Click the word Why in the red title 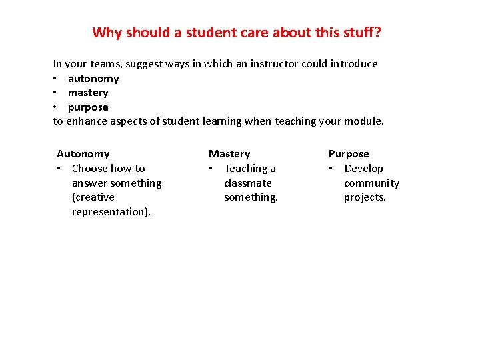tap(105, 32)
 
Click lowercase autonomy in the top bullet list tap(93, 79)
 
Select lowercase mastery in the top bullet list tap(88, 93)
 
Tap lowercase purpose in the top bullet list tap(88, 107)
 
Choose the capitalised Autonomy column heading tap(83, 154)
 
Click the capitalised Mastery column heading tap(229, 154)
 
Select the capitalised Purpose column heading tap(348, 154)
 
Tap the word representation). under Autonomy tap(111, 212)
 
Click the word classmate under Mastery tap(248, 183)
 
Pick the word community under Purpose tap(371, 183)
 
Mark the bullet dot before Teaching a tap(211, 169)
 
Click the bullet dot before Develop tap(331, 169)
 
